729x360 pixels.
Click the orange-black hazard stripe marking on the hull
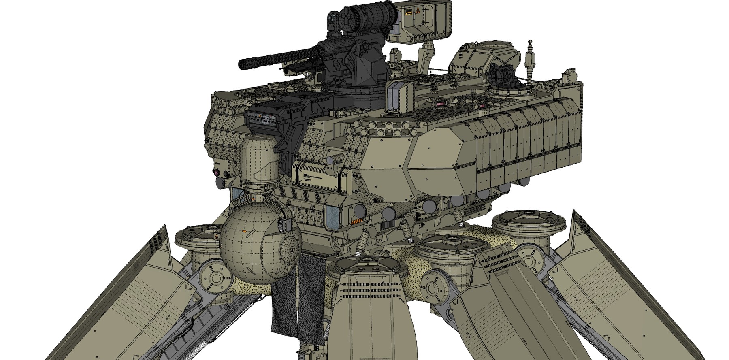[x=357, y=221]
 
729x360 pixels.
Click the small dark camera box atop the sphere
[x=282, y=225]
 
